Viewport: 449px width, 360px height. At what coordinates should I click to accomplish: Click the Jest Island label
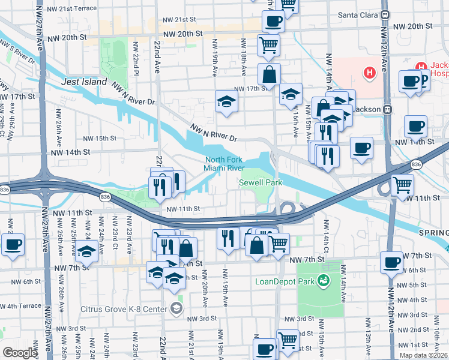coord(84,82)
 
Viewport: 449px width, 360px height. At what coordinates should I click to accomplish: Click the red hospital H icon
coord(369,73)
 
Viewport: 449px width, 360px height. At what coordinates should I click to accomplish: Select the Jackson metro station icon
coord(387,110)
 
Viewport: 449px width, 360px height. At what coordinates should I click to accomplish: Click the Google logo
coord(19,353)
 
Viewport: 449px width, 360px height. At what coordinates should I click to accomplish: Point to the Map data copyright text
coord(423,355)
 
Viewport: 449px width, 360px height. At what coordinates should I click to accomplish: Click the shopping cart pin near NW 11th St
coord(402,184)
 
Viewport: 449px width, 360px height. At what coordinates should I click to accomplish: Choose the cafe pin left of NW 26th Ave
coord(13,244)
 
